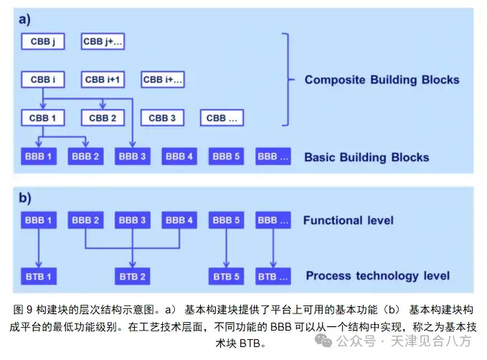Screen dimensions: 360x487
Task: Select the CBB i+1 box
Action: tap(103, 80)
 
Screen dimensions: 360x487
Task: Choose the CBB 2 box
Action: tap(103, 118)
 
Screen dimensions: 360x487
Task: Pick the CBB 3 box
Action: tap(163, 118)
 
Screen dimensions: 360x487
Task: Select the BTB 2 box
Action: tap(133, 276)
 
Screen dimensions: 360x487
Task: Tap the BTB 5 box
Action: tap(227, 276)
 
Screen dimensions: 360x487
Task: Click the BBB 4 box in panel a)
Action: tap(179, 156)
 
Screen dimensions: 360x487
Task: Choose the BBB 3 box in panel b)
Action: tap(133, 220)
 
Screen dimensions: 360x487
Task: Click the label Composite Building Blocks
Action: tap(382, 80)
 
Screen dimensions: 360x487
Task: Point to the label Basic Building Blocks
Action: tap(367, 157)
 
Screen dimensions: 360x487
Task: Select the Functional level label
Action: tap(348, 220)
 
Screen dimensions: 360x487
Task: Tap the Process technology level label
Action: tap(377, 276)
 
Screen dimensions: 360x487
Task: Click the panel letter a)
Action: tap(26, 20)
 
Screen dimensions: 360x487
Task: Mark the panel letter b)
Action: tap(26, 197)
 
